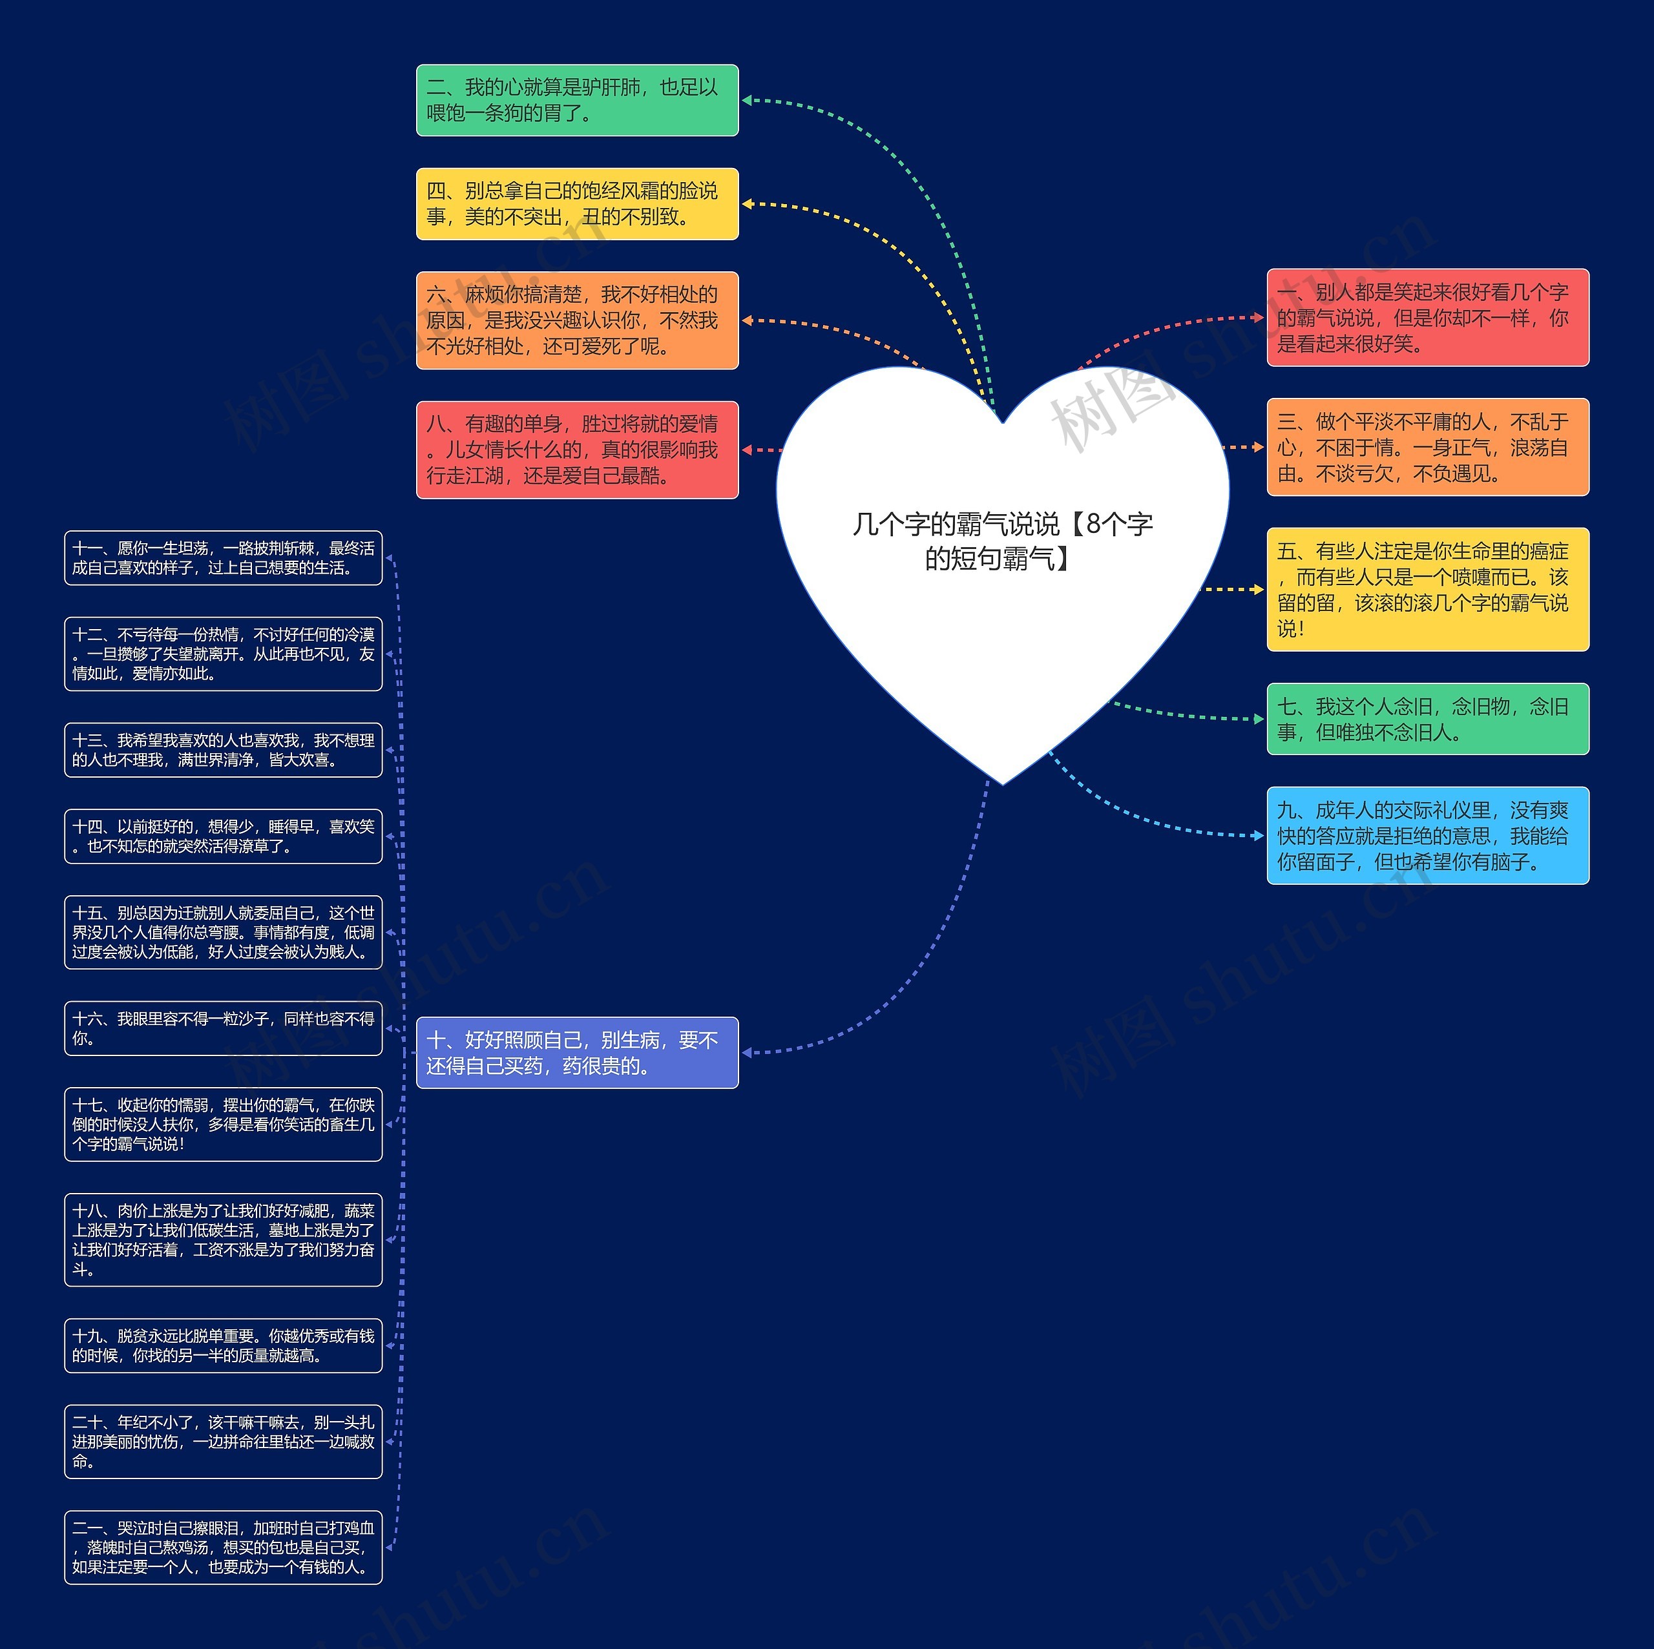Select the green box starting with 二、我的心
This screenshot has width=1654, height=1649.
click(x=577, y=100)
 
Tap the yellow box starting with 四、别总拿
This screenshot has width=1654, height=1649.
click(x=577, y=203)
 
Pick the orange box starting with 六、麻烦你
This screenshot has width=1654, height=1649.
click(x=577, y=320)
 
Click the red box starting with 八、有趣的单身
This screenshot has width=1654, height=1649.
click(x=577, y=450)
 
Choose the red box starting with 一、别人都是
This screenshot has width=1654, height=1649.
click(x=1427, y=318)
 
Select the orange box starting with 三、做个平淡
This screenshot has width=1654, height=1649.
click(x=1427, y=447)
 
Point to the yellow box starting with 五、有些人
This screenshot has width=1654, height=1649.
click(x=1427, y=589)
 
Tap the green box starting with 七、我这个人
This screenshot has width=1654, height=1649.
click(x=1427, y=719)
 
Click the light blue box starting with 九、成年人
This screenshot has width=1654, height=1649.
click(x=1427, y=835)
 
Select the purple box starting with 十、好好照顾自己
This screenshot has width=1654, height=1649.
click(x=577, y=1053)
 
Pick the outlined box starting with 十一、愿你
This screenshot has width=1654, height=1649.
click(x=224, y=558)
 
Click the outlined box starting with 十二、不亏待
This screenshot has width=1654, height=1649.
click(x=224, y=654)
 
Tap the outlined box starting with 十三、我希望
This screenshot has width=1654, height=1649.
click(x=224, y=750)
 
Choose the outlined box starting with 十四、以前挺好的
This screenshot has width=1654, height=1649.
click(x=224, y=836)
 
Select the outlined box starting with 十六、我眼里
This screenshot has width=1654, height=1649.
click(x=224, y=1028)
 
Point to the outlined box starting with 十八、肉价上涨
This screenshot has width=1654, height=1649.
click(x=224, y=1239)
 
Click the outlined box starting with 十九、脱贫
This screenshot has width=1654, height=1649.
click(x=224, y=1345)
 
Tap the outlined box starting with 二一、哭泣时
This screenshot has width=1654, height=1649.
click(x=224, y=1547)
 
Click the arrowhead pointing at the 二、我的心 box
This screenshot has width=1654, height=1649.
click(x=746, y=100)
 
